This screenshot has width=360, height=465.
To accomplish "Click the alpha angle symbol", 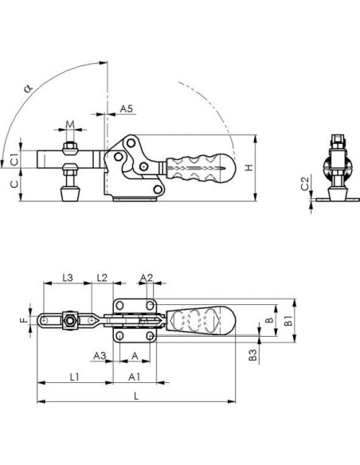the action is click(28, 88).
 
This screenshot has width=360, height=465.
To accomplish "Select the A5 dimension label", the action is click(127, 108).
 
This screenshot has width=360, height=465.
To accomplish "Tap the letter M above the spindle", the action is click(70, 124).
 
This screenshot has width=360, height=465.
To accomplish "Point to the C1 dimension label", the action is click(14, 159).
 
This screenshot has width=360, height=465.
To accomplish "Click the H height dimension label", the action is click(249, 167).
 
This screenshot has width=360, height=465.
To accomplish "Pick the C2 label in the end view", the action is click(305, 182).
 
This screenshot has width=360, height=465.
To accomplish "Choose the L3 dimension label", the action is click(68, 278).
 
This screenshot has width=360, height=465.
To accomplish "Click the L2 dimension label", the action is click(102, 278).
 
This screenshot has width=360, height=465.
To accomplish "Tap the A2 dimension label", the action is click(147, 278).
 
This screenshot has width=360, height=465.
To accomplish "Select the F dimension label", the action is click(25, 320).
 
